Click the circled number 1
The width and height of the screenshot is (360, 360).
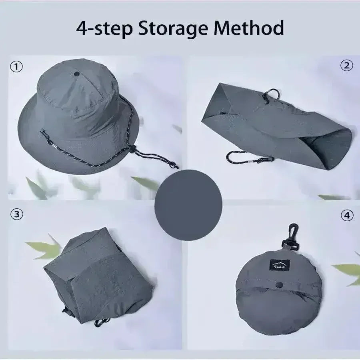tap(17, 67)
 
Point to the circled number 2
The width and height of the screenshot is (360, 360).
tap(346, 65)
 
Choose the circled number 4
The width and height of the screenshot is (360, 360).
tap(347, 215)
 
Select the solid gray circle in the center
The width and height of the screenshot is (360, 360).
tap(188, 205)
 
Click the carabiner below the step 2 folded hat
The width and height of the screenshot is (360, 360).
tap(236, 158)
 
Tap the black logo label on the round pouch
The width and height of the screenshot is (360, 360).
tap(278, 264)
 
